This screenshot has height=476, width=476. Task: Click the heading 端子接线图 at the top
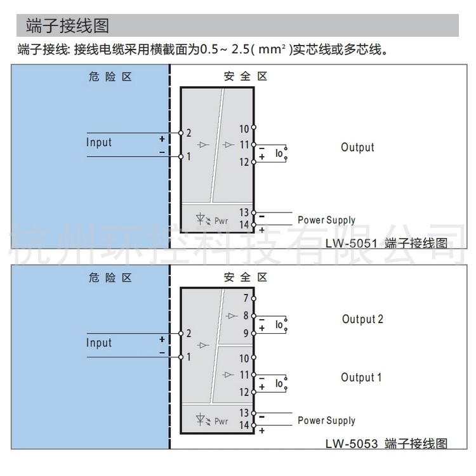coord(67,25)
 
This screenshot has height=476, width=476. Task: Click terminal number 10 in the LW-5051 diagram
coord(244,129)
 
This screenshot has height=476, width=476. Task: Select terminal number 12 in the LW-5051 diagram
coord(244,162)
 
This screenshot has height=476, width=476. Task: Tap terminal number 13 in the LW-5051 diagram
coord(244,213)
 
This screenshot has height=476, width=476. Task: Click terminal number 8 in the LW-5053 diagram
coord(246,315)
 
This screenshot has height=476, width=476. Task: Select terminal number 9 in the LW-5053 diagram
coord(246,333)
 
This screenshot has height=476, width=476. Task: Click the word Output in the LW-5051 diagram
coord(357,147)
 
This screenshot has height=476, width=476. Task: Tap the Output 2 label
coord(362,319)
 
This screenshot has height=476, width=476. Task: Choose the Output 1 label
coord(361,378)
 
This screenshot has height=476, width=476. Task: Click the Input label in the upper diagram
coord(99,142)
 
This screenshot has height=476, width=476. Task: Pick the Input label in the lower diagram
coord(99,343)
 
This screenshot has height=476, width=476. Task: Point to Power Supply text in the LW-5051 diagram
coord(326,220)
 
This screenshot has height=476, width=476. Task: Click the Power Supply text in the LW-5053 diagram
coord(326,420)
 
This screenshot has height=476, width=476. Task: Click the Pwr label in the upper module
coord(221,221)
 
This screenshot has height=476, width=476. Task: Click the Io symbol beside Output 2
coord(279,324)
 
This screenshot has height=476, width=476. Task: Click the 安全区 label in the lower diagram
coord(246,277)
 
